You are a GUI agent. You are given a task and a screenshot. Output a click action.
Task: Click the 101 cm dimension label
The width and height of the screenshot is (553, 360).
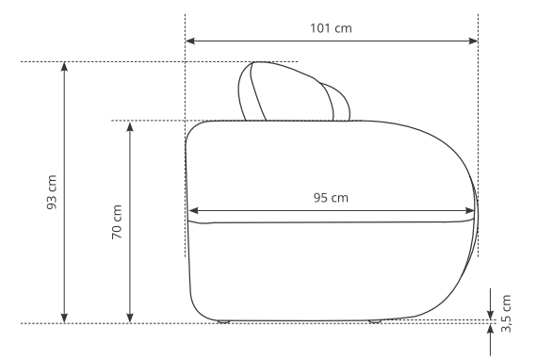click(331, 28)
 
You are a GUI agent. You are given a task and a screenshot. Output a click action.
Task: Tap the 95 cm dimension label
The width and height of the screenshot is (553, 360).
click(331, 198)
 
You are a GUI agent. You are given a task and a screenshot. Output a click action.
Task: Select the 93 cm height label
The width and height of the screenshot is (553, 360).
click(52, 192)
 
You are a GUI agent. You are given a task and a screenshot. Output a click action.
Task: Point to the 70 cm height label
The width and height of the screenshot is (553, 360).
click(117, 222)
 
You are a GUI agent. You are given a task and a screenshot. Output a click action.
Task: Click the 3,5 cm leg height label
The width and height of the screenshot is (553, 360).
click(506, 314)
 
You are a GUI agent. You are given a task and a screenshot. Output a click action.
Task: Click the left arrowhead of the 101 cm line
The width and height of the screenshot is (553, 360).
click(190, 41)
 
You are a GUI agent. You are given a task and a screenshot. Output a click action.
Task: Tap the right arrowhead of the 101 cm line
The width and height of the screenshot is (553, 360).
click(473, 41)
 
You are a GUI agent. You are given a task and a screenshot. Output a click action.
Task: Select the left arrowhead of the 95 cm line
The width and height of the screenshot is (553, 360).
click(194, 211)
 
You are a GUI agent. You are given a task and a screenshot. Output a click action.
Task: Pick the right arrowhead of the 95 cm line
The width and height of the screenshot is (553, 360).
click(470, 211)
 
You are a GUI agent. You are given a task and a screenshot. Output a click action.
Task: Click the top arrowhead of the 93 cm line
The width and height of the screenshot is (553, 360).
click(64, 66)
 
